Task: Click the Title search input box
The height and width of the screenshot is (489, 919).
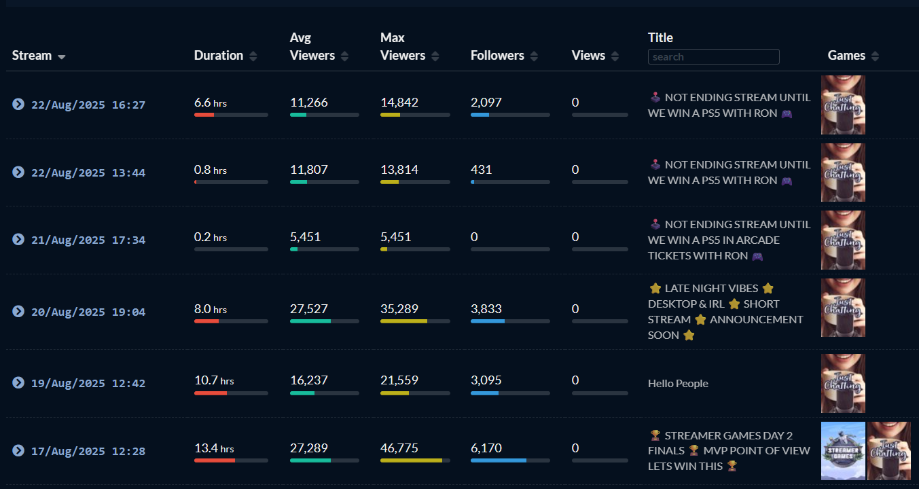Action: (713, 57)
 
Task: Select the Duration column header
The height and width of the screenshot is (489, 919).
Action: (218, 56)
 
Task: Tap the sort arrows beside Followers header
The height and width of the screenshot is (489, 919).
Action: (534, 56)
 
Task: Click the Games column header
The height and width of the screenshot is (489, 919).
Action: (846, 56)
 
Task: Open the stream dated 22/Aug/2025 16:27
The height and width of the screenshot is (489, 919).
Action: (88, 105)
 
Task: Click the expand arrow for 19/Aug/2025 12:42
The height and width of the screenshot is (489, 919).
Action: (18, 383)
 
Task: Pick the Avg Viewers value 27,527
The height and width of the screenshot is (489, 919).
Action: (309, 309)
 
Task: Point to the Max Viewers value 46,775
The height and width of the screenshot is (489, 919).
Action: (399, 448)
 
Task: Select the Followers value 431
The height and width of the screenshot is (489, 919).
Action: (481, 170)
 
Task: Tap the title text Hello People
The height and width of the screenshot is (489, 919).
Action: (678, 384)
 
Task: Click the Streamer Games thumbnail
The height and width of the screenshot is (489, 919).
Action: (843, 451)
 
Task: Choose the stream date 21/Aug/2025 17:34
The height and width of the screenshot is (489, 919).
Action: (88, 240)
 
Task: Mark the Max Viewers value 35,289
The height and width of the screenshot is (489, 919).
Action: (399, 309)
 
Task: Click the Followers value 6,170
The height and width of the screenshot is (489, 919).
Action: (486, 448)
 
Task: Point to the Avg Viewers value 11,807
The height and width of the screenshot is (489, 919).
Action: (309, 170)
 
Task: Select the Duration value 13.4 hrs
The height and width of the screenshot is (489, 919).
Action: (214, 448)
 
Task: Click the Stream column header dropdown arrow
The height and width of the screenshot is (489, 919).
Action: (62, 57)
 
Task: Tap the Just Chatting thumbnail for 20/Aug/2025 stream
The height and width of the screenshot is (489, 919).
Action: (843, 308)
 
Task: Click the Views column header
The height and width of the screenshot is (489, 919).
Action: (588, 56)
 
